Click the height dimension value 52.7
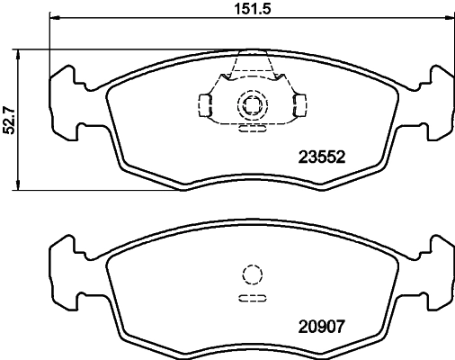(x=10, y=119)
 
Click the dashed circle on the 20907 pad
(x=252, y=275)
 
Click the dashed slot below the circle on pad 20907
(x=252, y=297)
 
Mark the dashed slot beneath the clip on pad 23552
(x=252, y=128)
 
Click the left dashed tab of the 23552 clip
(x=206, y=106)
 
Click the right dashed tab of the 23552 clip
(x=298, y=106)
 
